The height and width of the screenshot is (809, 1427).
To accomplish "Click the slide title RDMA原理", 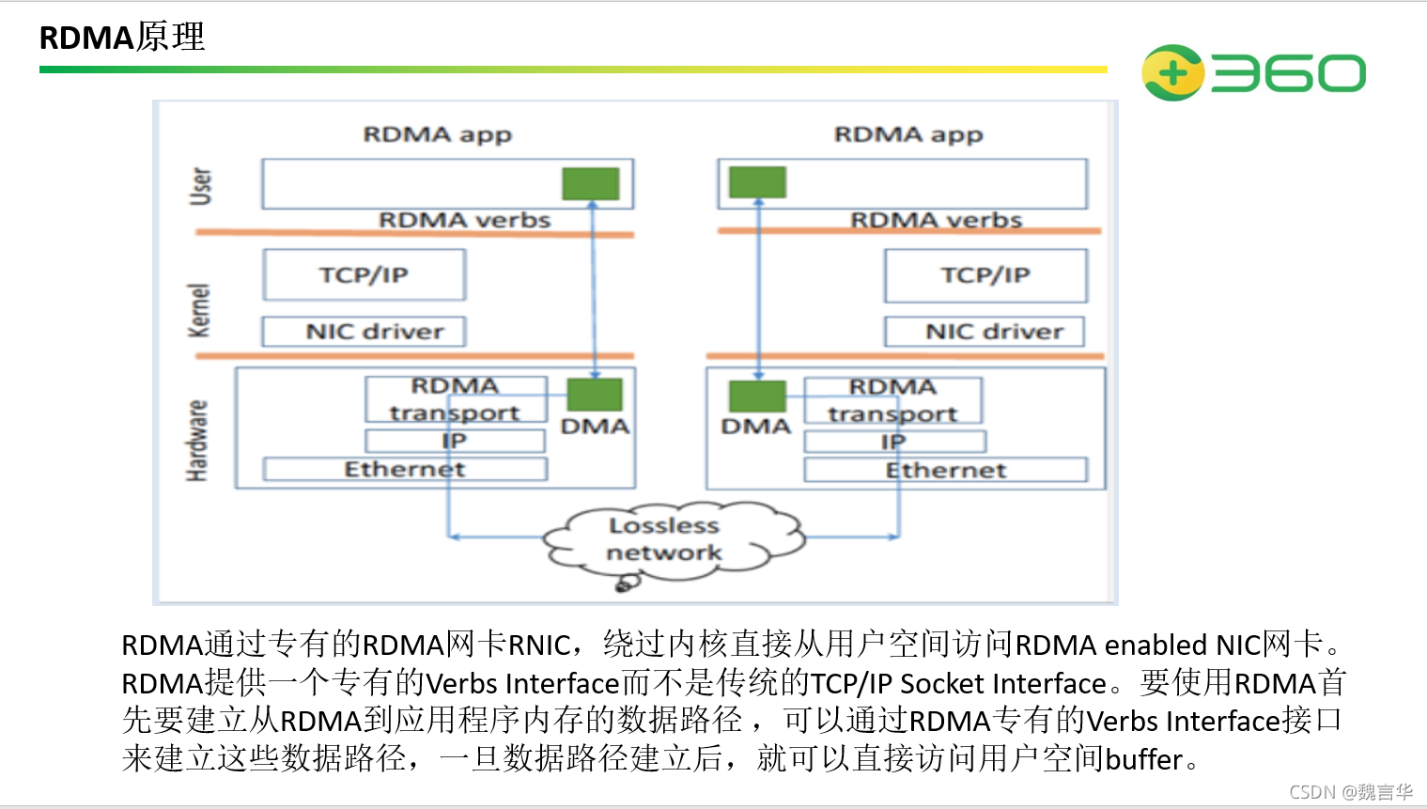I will (x=122, y=37).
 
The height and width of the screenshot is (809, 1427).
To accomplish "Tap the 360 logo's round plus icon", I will (x=1171, y=72).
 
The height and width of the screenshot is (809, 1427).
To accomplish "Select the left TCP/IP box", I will (x=364, y=274).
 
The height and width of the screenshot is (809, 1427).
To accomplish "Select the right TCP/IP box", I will (x=985, y=275).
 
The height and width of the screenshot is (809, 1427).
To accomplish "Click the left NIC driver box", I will (x=364, y=332).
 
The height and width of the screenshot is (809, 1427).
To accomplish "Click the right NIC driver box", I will (x=984, y=332).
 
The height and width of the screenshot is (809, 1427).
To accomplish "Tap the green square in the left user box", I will (x=590, y=183).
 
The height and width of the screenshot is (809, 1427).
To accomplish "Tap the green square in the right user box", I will (x=757, y=182).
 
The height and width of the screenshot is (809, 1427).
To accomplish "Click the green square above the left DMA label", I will (x=595, y=394).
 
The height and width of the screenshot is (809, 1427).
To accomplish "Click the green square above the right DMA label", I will (x=757, y=396).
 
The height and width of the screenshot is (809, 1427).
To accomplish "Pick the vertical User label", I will (x=200, y=186).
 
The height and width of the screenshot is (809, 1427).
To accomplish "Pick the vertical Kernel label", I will (x=199, y=310).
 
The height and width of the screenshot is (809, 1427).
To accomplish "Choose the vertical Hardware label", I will (x=197, y=441).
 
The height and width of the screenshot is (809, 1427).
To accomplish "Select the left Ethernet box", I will (x=405, y=469).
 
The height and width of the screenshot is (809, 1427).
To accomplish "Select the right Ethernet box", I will (x=945, y=470).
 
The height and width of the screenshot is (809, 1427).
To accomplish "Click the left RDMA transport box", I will (x=456, y=399).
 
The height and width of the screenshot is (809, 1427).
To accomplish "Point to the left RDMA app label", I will (x=438, y=134).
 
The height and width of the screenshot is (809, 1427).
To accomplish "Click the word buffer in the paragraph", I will (x=1143, y=759).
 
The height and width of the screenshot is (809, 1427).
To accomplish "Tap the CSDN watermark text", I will (x=1351, y=792).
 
